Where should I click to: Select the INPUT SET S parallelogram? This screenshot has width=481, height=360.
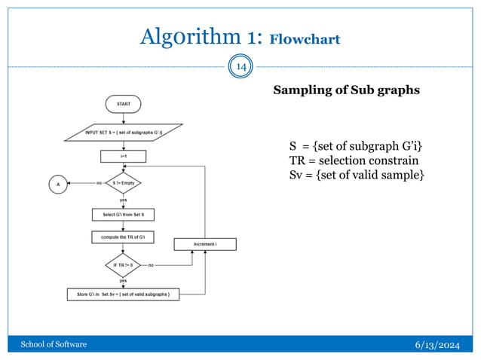click(123, 133)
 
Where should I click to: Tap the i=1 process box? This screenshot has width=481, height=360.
click(123, 157)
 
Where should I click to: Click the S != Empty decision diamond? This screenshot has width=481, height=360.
click(123, 182)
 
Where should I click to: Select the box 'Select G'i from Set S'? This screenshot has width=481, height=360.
click(123, 215)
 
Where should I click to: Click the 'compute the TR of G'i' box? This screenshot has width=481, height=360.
click(123, 238)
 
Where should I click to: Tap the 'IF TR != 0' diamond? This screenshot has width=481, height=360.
click(123, 265)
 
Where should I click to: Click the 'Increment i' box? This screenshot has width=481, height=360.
click(205, 245)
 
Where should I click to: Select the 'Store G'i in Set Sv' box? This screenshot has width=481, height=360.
click(123, 294)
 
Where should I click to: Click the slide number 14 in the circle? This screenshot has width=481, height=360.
click(241, 68)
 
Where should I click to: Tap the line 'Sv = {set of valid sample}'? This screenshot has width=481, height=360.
click(357, 175)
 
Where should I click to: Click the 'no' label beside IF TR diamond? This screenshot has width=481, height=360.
click(151, 265)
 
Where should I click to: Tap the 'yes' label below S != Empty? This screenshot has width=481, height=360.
click(123, 200)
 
